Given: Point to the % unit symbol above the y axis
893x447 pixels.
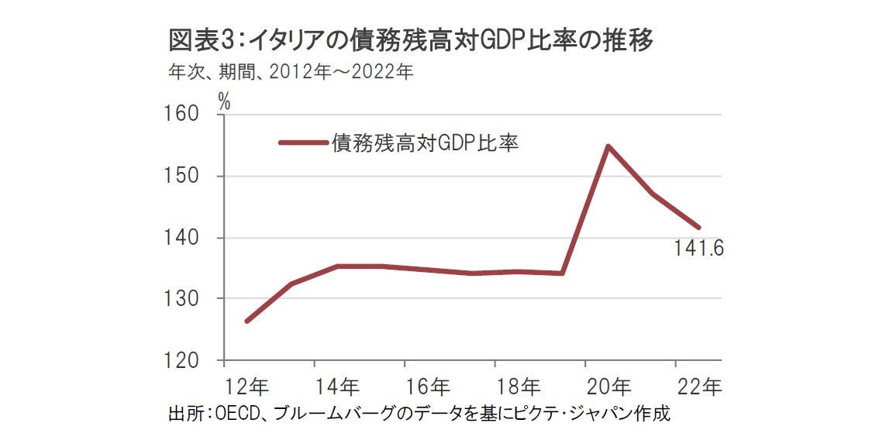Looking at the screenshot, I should pyautogui.click(x=224, y=100).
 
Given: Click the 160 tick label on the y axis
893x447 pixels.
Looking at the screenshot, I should pyautogui.click(x=183, y=115).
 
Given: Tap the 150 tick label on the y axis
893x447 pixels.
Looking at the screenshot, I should pyautogui.click(x=183, y=177).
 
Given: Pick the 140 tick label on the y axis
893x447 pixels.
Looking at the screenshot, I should pyautogui.click(x=183, y=238).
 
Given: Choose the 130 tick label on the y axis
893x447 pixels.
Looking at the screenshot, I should pyautogui.click(x=183, y=299).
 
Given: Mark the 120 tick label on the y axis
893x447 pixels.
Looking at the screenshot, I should pyautogui.click(x=183, y=361).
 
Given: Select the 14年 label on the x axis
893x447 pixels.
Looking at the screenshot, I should pyautogui.click(x=337, y=385).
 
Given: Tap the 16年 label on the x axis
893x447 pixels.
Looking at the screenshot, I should pyautogui.click(x=428, y=385).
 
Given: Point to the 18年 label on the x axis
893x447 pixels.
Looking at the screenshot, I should pyautogui.click(x=519, y=385).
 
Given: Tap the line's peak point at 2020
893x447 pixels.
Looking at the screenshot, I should pyautogui.click(x=609, y=146).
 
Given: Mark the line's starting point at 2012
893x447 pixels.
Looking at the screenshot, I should pyautogui.click(x=247, y=321).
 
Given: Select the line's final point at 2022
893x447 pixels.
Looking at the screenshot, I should pyautogui.click(x=699, y=227).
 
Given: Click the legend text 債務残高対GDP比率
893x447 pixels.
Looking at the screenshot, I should pyautogui.click(x=425, y=143).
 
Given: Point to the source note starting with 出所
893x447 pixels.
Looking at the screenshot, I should pyautogui.click(x=419, y=413).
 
